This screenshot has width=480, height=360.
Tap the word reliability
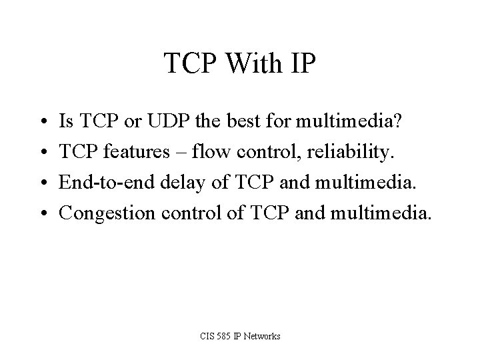pos(354,152)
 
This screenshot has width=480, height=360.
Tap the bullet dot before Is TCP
pos(42,121)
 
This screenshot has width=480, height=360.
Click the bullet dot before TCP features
pos(42,152)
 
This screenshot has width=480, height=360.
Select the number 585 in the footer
pos(220,336)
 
